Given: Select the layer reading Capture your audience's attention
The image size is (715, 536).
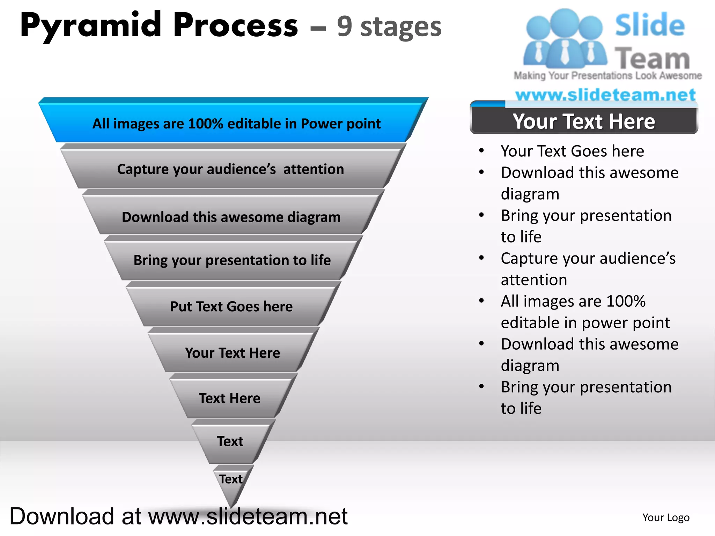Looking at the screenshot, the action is (x=230, y=169).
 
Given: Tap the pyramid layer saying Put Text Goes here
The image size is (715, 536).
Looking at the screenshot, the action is (x=231, y=306).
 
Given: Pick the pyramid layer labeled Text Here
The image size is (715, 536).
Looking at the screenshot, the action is (x=229, y=398).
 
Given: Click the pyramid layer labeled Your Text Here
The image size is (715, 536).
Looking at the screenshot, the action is (x=233, y=353).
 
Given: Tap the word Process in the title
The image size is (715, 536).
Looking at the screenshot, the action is (x=236, y=25).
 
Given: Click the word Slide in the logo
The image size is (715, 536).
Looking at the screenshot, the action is (x=650, y=25).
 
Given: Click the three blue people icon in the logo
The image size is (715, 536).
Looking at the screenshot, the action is (x=565, y=38).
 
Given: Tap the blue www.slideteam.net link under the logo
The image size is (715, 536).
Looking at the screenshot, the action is (x=605, y=95).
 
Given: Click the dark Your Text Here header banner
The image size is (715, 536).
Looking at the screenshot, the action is (x=584, y=121).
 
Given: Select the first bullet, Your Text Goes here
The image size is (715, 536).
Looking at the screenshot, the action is (x=572, y=151).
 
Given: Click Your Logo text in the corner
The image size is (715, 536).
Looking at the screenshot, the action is (x=666, y=518).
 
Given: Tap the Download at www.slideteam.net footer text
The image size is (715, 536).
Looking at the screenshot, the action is (x=178, y=516).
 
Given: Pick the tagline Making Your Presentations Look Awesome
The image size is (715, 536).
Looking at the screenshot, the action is (x=607, y=75).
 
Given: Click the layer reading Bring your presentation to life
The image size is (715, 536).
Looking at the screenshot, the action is (x=232, y=260).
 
